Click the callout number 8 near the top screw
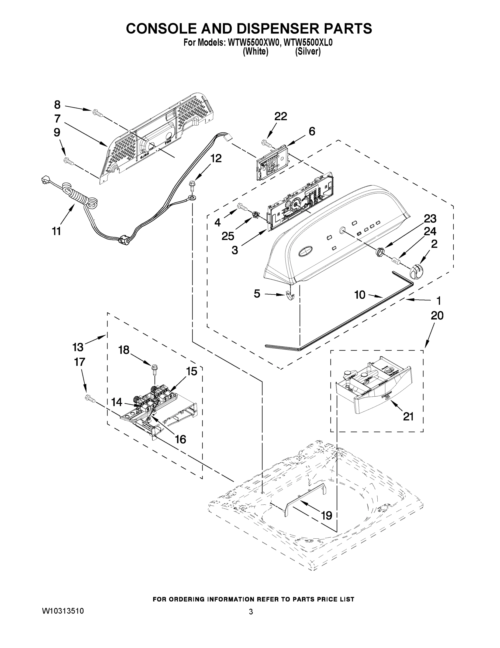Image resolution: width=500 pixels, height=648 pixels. coord(57,104)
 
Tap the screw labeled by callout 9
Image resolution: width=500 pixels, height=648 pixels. coord(68,161)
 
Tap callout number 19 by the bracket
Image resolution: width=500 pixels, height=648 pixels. coord(326,515)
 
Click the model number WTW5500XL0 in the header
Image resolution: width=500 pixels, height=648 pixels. coord(308,43)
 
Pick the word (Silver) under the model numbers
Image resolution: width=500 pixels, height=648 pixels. coord(308,52)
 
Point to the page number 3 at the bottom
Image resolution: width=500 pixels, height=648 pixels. coord(251,612)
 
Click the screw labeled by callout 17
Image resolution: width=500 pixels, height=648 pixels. coord(90,399)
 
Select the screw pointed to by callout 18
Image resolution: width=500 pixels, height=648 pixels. coord(154,369)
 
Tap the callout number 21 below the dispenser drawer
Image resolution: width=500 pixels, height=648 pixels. coord(408,417)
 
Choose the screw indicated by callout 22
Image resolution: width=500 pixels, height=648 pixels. coord(266,143)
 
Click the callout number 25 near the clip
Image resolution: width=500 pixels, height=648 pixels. coord(228,236)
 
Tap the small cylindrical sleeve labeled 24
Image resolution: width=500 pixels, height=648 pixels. coord(396,261)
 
